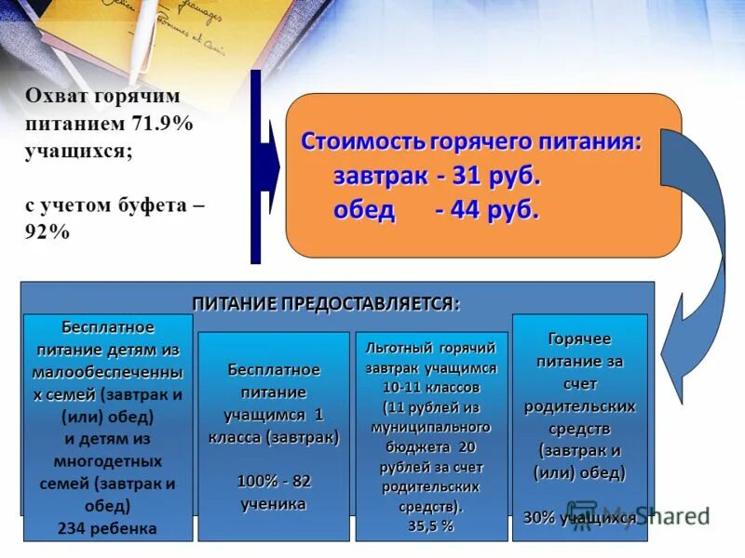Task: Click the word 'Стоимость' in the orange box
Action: click(362, 142)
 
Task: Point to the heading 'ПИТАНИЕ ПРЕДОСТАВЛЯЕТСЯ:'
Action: click(326, 303)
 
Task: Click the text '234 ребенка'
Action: click(107, 529)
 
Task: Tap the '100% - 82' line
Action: click(274, 481)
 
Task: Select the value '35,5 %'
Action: click(431, 525)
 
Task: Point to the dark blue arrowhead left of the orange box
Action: click(269, 167)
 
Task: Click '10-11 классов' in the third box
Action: click(431, 386)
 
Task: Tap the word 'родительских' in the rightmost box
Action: click(579, 406)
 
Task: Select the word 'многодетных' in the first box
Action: click(107, 461)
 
